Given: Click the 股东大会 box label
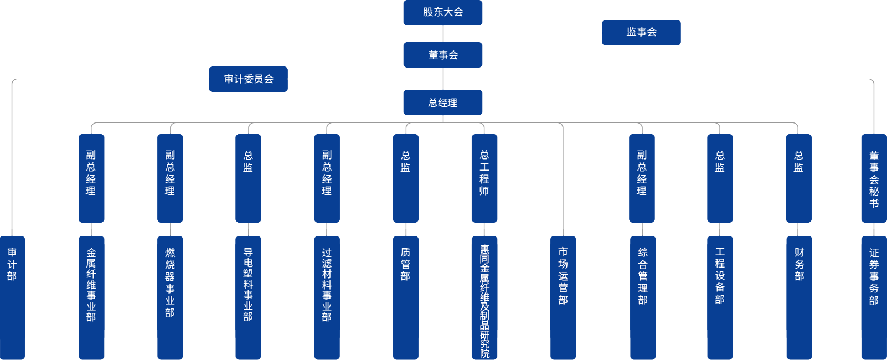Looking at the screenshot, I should [x=443, y=12].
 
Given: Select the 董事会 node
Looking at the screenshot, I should [x=443, y=55].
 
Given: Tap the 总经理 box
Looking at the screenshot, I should [x=443, y=103].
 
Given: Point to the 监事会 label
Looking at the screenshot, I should [x=642, y=32].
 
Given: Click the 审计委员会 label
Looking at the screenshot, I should [x=249, y=79].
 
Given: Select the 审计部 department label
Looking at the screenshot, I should [x=12, y=264].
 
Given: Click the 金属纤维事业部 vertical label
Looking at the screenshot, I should [x=91, y=285].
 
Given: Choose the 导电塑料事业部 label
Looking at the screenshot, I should [x=249, y=284].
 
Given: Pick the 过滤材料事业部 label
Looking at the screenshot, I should [x=327, y=285].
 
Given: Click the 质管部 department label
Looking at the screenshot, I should [x=406, y=264].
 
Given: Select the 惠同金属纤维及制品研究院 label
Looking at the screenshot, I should [x=484, y=302].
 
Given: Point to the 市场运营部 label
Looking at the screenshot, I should [x=563, y=276].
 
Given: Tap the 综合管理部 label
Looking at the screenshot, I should [x=642, y=276].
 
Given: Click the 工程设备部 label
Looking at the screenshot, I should [x=720, y=276].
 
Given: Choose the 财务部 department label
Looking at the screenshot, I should [x=799, y=264].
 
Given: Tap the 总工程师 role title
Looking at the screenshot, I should [x=484, y=173].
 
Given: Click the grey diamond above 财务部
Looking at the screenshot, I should [x=798, y=229].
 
